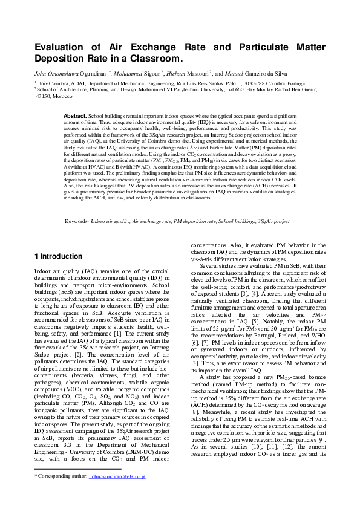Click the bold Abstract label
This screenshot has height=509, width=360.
pos(75,115)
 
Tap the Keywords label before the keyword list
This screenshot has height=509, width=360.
pos(76,222)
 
